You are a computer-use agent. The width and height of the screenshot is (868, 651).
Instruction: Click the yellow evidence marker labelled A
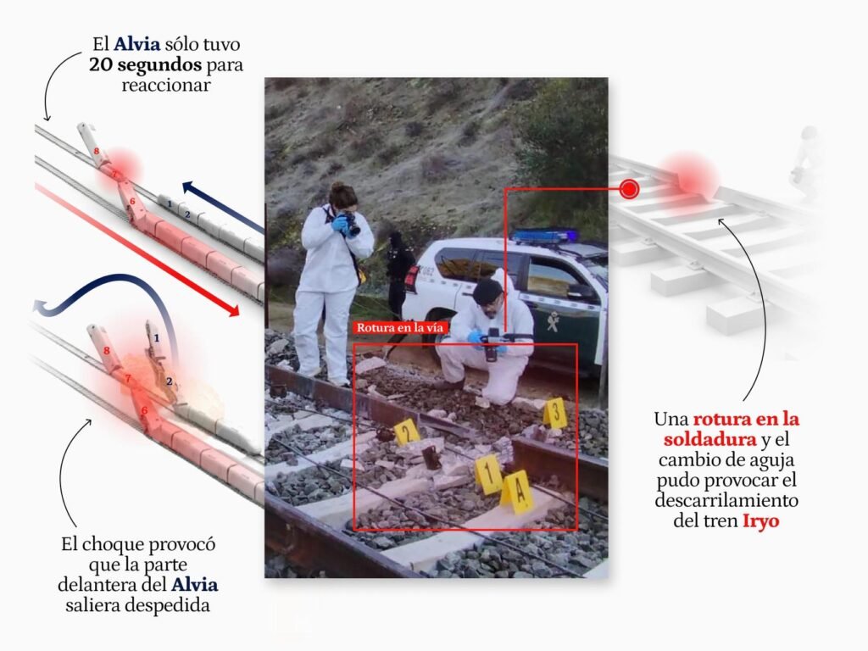[517, 492]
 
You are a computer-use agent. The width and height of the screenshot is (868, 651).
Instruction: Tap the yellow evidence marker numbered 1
[488, 475]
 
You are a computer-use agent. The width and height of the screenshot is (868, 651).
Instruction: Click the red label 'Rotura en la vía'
[400, 328]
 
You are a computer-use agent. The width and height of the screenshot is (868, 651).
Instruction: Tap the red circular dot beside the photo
[629, 189]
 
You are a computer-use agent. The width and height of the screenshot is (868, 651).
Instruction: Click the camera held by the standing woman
[350, 223]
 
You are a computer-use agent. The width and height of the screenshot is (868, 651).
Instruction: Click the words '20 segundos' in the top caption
[145, 64]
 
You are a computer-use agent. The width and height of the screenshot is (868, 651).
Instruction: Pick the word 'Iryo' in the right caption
[760, 521]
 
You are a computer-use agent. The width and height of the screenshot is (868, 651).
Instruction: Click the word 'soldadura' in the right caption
[710, 440]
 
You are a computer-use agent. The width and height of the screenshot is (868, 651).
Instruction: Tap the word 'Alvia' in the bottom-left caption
[194, 585]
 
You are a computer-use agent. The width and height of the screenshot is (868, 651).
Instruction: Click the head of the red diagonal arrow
[234, 310]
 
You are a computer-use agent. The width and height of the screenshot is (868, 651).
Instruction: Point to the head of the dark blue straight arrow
[189, 187]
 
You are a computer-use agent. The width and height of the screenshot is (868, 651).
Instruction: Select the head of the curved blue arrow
[39, 308]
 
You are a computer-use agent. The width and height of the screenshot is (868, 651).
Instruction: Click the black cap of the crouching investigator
[487, 290]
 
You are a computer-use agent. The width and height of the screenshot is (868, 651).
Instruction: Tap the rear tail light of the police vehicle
[412, 278]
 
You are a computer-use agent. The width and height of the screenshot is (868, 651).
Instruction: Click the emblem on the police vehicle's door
[552, 321]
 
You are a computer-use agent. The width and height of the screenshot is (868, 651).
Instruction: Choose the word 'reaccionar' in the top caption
[166, 86]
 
